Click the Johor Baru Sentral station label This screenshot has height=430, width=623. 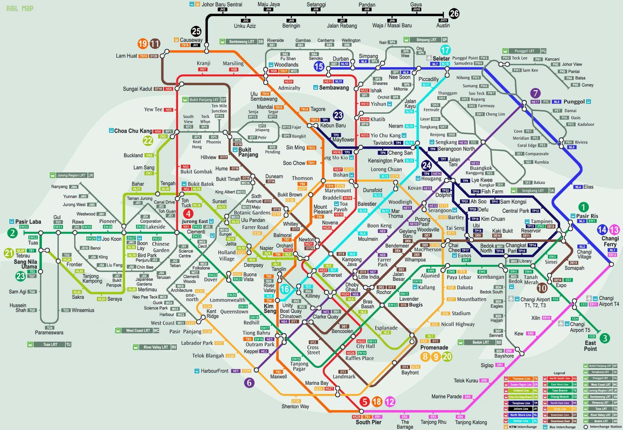click(x=222, y=4)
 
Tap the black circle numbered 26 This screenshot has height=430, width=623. click(x=454, y=14)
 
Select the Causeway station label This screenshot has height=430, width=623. click(x=191, y=39)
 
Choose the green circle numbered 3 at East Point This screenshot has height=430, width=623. click(x=605, y=338)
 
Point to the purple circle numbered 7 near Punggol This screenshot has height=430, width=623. click(x=535, y=94)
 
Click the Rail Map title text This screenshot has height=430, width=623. click(x=16, y=8)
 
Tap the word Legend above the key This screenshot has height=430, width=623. click(x=559, y=373)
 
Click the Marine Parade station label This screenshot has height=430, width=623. click(x=446, y=397)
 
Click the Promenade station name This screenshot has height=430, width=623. click(x=434, y=347)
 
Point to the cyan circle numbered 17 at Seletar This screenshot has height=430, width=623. click(x=445, y=50)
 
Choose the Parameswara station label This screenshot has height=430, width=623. click(x=49, y=333)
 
